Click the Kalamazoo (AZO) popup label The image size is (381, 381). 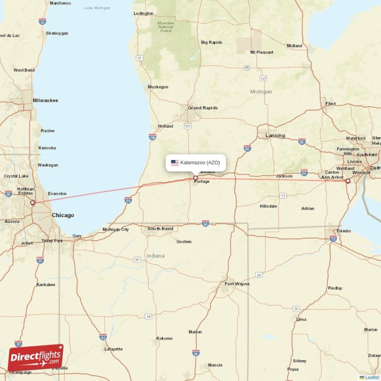[200, 162]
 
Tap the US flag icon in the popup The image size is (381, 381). [175, 162]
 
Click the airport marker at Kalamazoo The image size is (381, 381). [195, 178]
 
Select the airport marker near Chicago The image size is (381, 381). [32, 203]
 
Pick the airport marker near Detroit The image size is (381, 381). [348, 181]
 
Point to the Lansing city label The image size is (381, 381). [275, 136]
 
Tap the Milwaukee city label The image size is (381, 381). [45, 100]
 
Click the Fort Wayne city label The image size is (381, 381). [237, 284]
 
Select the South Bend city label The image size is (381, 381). [160, 229]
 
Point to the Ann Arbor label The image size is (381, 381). [332, 177]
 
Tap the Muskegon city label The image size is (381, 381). [158, 87]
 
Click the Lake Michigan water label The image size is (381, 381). [97, 8]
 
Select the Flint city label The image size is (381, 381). [330, 103]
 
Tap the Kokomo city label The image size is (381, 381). [164, 338]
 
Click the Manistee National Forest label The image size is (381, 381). [166, 27]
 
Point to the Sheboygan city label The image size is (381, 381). [57, 33]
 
